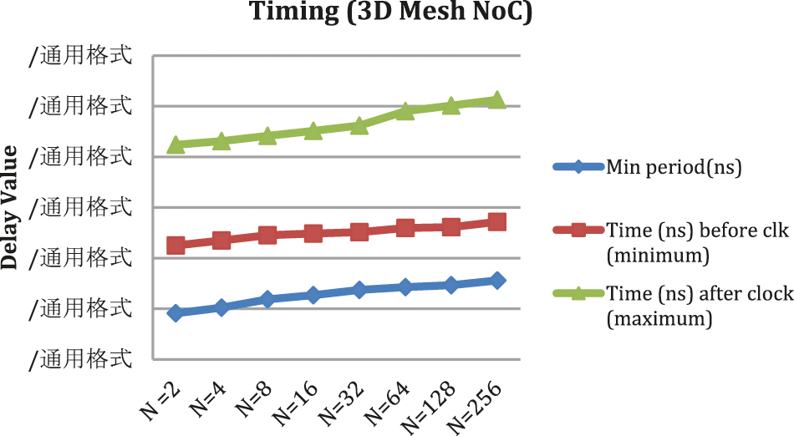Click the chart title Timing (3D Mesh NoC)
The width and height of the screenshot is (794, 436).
pyautogui.click(x=391, y=13)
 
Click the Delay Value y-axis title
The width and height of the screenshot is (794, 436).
pyautogui.click(x=11, y=206)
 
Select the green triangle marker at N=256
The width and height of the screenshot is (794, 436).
pyautogui.click(x=496, y=100)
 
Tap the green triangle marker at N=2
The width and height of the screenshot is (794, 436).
pyautogui.click(x=176, y=144)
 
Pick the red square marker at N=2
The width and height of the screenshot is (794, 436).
pyautogui.click(x=176, y=245)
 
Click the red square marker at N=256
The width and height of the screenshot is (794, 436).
pyautogui.click(x=496, y=221)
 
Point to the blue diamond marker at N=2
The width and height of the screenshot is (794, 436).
pyautogui.click(x=176, y=313)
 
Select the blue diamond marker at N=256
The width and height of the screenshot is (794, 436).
pyautogui.click(x=496, y=280)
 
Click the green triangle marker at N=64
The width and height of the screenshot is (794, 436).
pyautogui.click(x=405, y=111)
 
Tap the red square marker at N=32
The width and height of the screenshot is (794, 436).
pyautogui.click(x=359, y=231)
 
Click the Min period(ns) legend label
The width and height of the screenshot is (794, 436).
pyautogui.click(x=674, y=167)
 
